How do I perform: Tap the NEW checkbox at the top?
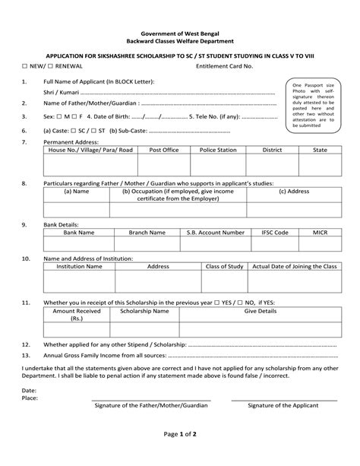tap(25, 67)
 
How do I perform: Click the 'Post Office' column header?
tap(164, 151)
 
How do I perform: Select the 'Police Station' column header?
tap(218, 151)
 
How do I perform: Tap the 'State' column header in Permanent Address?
tap(320, 151)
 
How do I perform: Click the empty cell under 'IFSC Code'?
tap(274, 244)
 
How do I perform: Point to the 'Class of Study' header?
tap(225, 267)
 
